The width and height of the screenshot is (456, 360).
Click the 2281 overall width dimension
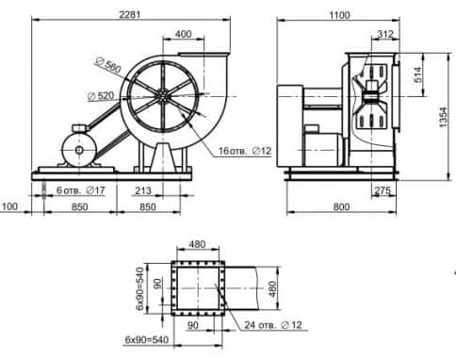click(x=130, y=14)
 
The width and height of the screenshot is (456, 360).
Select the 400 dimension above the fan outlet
click(x=184, y=34)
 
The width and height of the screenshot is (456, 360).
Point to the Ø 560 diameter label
click(x=108, y=65)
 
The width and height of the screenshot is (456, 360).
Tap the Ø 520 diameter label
click(x=101, y=96)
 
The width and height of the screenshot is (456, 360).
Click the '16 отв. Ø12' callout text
click(x=245, y=151)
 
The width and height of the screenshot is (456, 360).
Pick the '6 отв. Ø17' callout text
click(x=80, y=190)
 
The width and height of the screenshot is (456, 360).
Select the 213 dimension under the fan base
click(x=143, y=190)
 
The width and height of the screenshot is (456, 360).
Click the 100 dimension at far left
click(x=9, y=206)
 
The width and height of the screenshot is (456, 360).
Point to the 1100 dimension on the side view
click(x=339, y=15)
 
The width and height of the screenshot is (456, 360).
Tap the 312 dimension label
click(x=385, y=34)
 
